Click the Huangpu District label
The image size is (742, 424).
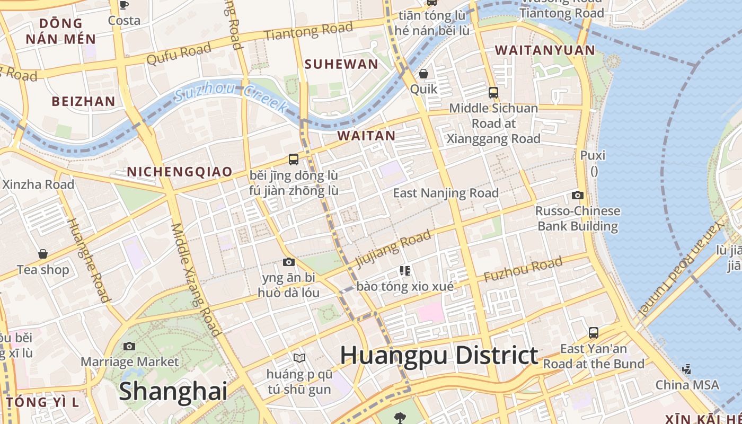coord(439,355)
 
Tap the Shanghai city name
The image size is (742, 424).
coord(173,391)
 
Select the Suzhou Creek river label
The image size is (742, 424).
coord(231,99)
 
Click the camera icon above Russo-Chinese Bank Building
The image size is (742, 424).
coord(578,196)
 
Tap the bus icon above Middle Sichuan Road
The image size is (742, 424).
coord(493,93)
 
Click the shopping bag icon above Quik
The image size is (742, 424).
coord(423,74)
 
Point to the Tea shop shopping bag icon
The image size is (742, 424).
coord(43,254)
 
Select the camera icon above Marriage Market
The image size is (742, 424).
coord(129,347)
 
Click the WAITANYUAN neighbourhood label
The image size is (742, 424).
coord(545,50)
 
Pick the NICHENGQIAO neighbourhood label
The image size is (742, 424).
coord(180,172)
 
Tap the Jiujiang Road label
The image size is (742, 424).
coord(393,249)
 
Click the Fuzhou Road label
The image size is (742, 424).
coord(523,270)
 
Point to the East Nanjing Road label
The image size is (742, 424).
coord(446,193)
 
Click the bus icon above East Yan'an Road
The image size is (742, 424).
coord(594,333)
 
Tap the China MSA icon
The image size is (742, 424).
coord(687,369)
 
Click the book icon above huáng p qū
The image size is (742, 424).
coord(299,358)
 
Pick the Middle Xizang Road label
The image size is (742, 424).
coord(195,280)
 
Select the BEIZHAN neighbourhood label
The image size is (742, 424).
coord(83,101)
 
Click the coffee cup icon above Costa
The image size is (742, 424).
coord(124,5)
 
